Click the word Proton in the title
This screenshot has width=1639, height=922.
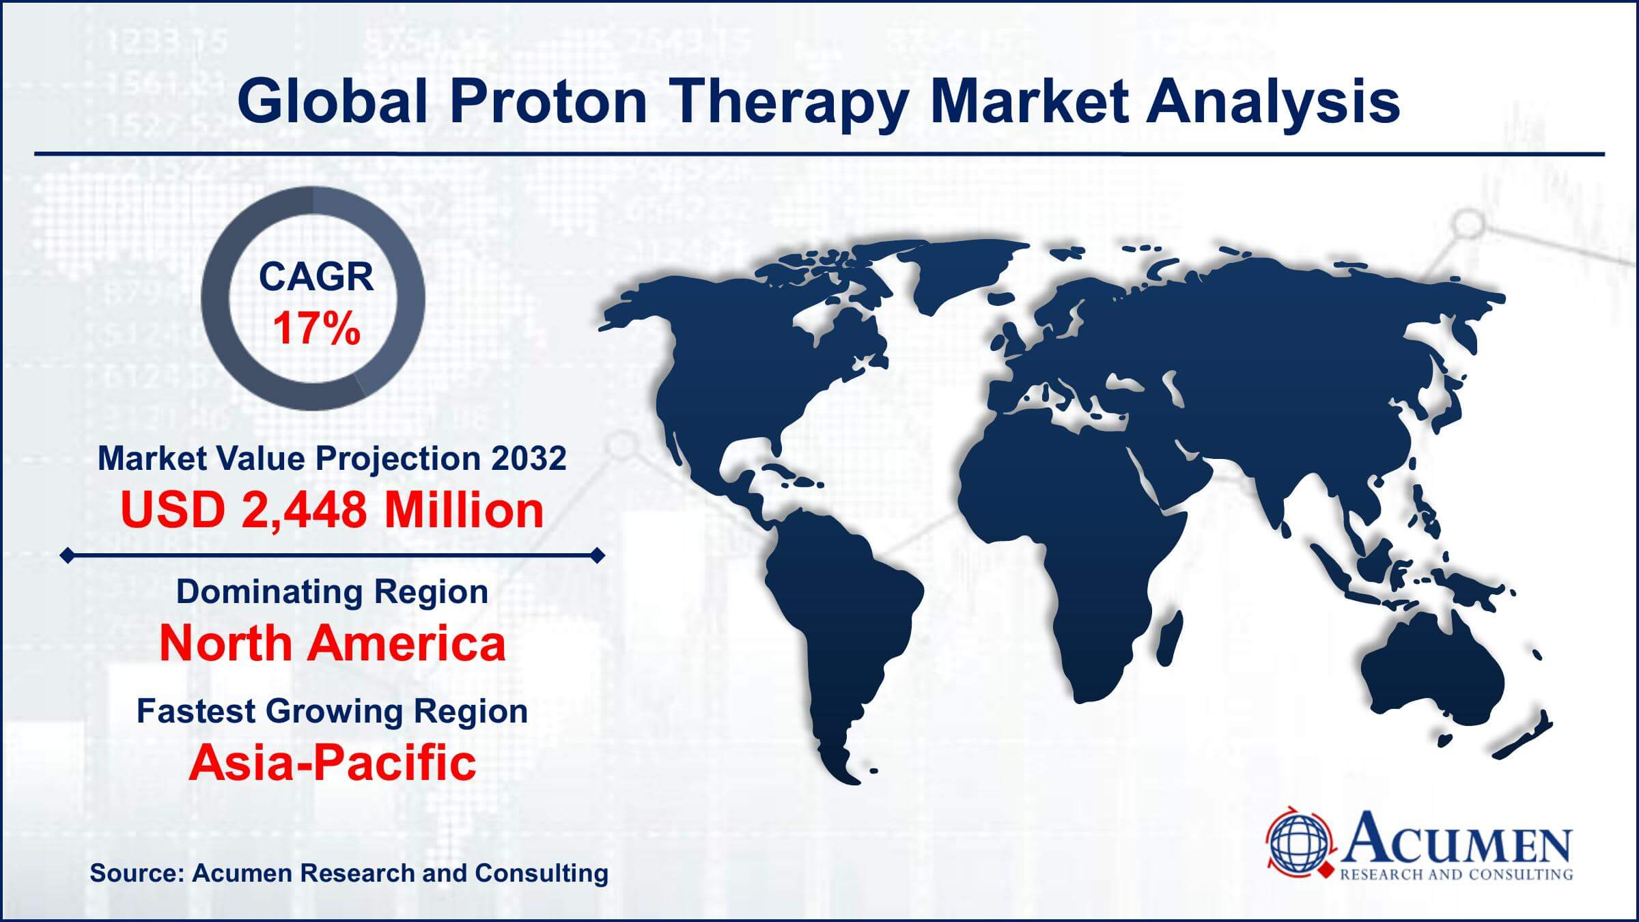(x=547, y=101)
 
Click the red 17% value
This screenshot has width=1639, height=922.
(x=316, y=329)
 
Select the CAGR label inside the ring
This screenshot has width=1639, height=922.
(x=316, y=277)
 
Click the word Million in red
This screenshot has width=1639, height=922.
(x=464, y=510)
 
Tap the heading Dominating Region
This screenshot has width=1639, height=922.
(x=332, y=591)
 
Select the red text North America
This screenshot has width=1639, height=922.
(x=332, y=643)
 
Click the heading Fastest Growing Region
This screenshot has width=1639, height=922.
(x=332, y=711)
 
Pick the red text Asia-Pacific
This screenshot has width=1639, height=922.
(x=332, y=762)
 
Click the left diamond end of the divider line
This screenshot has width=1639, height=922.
(x=67, y=556)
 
